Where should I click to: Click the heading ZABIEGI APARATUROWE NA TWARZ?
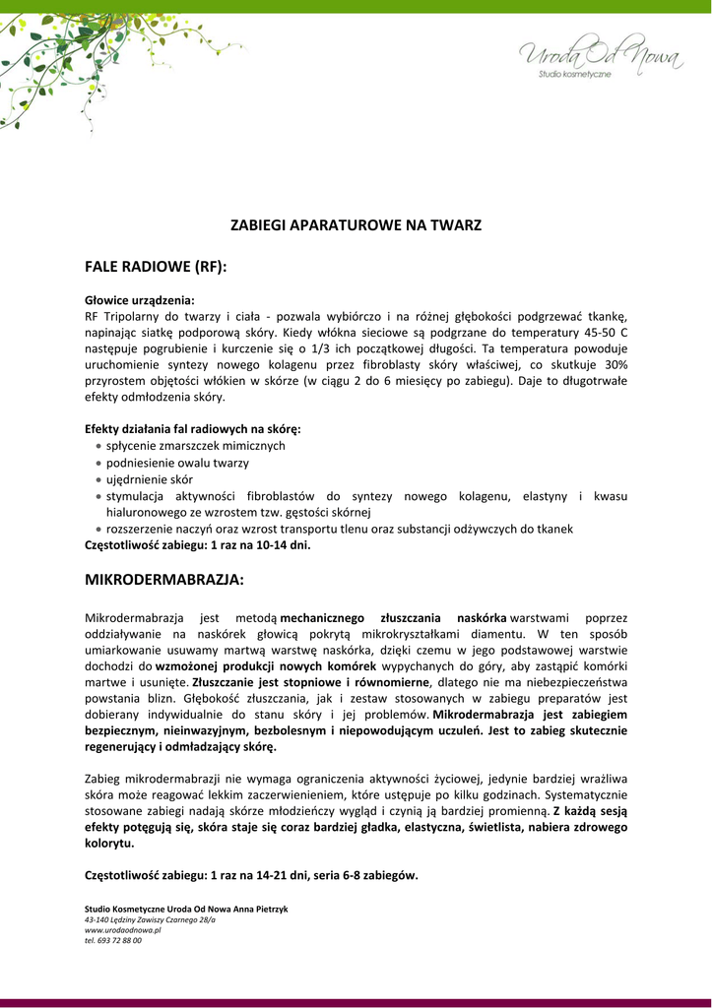[356, 225]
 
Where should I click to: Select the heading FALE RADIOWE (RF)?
[156, 267]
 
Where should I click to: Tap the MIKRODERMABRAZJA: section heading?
[163, 581]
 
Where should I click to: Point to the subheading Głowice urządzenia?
[140, 299]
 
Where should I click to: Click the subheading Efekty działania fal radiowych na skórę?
[193, 429]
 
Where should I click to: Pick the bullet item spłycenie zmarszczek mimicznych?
[195, 446]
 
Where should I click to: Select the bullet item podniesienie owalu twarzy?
[177, 463]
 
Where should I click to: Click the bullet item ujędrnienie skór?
[150, 479]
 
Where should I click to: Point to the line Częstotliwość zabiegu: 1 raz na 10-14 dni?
[198, 543]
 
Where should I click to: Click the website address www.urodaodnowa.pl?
[122, 929]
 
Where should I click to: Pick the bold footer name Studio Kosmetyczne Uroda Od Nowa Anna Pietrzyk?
[186, 909]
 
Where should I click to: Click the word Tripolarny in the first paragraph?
[134, 316]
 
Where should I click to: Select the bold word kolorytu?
[109, 844]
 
